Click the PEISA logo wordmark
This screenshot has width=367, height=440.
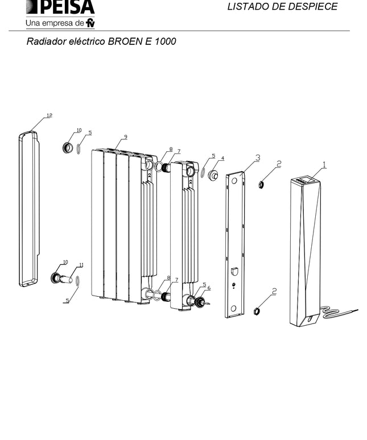[60, 7]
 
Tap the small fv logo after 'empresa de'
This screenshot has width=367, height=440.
[90, 23]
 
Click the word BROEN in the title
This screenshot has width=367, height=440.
[125, 41]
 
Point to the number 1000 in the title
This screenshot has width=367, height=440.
[166, 41]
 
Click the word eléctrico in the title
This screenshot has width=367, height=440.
[86, 41]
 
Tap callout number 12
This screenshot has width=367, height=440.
[50, 115]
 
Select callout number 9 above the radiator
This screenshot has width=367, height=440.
[126, 137]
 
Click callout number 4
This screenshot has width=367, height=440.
[222, 159]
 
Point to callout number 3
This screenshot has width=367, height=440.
[258, 157]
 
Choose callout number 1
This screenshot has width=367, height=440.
[324, 164]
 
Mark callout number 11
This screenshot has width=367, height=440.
[81, 265]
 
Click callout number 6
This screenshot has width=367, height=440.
[209, 288]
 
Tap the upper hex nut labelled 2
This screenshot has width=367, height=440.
[261, 184]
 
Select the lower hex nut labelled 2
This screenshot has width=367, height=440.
[257, 311]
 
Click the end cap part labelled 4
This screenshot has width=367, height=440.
[213, 176]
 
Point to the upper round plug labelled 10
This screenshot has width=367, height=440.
[67, 147]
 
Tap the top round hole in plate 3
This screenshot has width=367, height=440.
[234, 181]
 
